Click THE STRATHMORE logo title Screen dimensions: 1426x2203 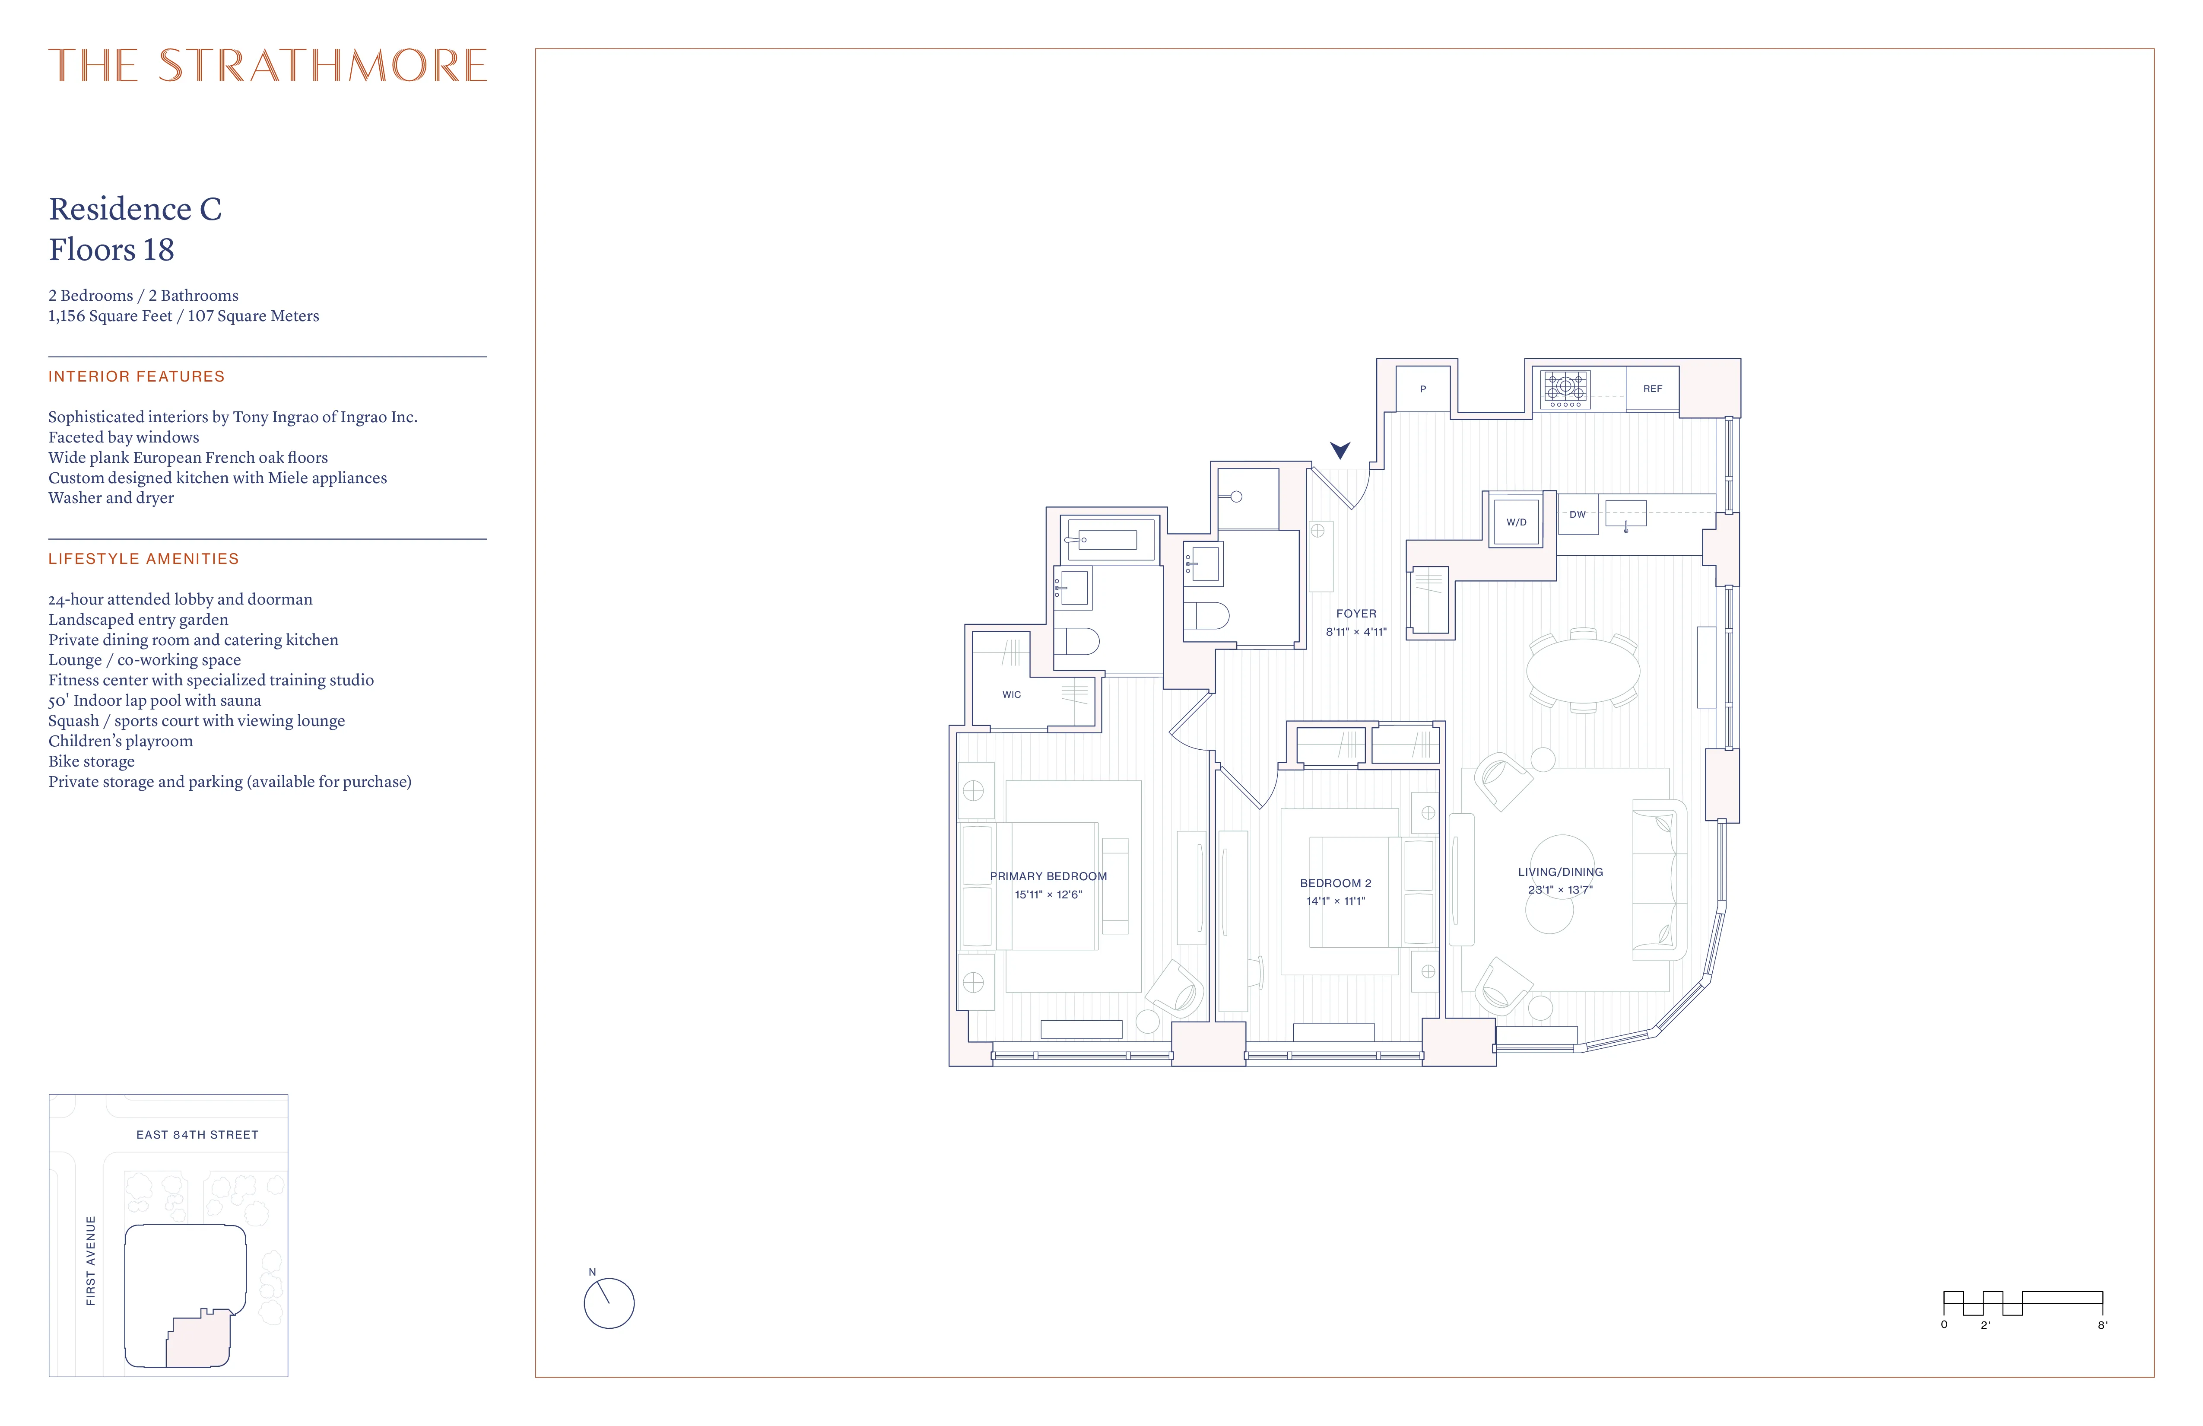point(267,66)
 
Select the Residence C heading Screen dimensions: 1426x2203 point(135,209)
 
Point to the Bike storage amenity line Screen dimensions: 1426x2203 point(92,761)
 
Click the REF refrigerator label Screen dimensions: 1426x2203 point(1652,389)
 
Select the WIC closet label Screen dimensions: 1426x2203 point(1012,694)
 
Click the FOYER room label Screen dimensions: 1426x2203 point(1356,614)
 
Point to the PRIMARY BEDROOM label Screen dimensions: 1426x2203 point(1048,876)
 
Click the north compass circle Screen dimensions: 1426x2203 point(609,1304)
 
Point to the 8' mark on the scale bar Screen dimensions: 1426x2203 point(2102,1325)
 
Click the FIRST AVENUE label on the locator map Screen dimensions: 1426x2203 point(91,1261)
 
